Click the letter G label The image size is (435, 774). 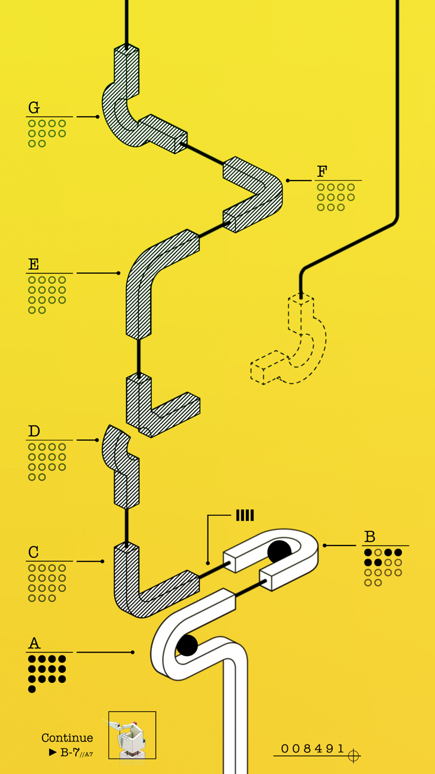pyautogui.click(x=34, y=108)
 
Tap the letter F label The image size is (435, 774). pyautogui.click(x=322, y=172)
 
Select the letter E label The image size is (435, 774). pyautogui.click(x=33, y=264)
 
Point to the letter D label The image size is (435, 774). pyautogui.click(x=34, y=431)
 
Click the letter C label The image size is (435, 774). pyautogui.click(x=33, y=552)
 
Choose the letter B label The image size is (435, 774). pyautogui.click(x=370, y=537)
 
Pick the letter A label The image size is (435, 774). pyautogui.click(x=34, y=643)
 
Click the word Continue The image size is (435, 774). pyautogui.click(x=67, y=738)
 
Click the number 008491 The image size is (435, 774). pyautogui.click(x=312, y=749)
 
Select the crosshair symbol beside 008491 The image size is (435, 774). pyautogui.click(x=353, y=756)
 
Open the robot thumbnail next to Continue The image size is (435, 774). pyautogui.click(x=132, y=735)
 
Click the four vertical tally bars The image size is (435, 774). pyautogui.click(x=245, y=515)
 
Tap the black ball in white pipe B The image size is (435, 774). pyautogui.click(x=279, y=552)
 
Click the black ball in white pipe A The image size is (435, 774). pyautogui.click(x=187, y=645)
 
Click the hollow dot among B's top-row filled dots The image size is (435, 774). pyautogui.click(x=378, y=553)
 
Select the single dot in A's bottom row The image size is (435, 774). pyautogui.click(x=32, y=689)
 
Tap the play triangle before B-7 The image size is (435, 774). pyautogui.click(x=53, y=753)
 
